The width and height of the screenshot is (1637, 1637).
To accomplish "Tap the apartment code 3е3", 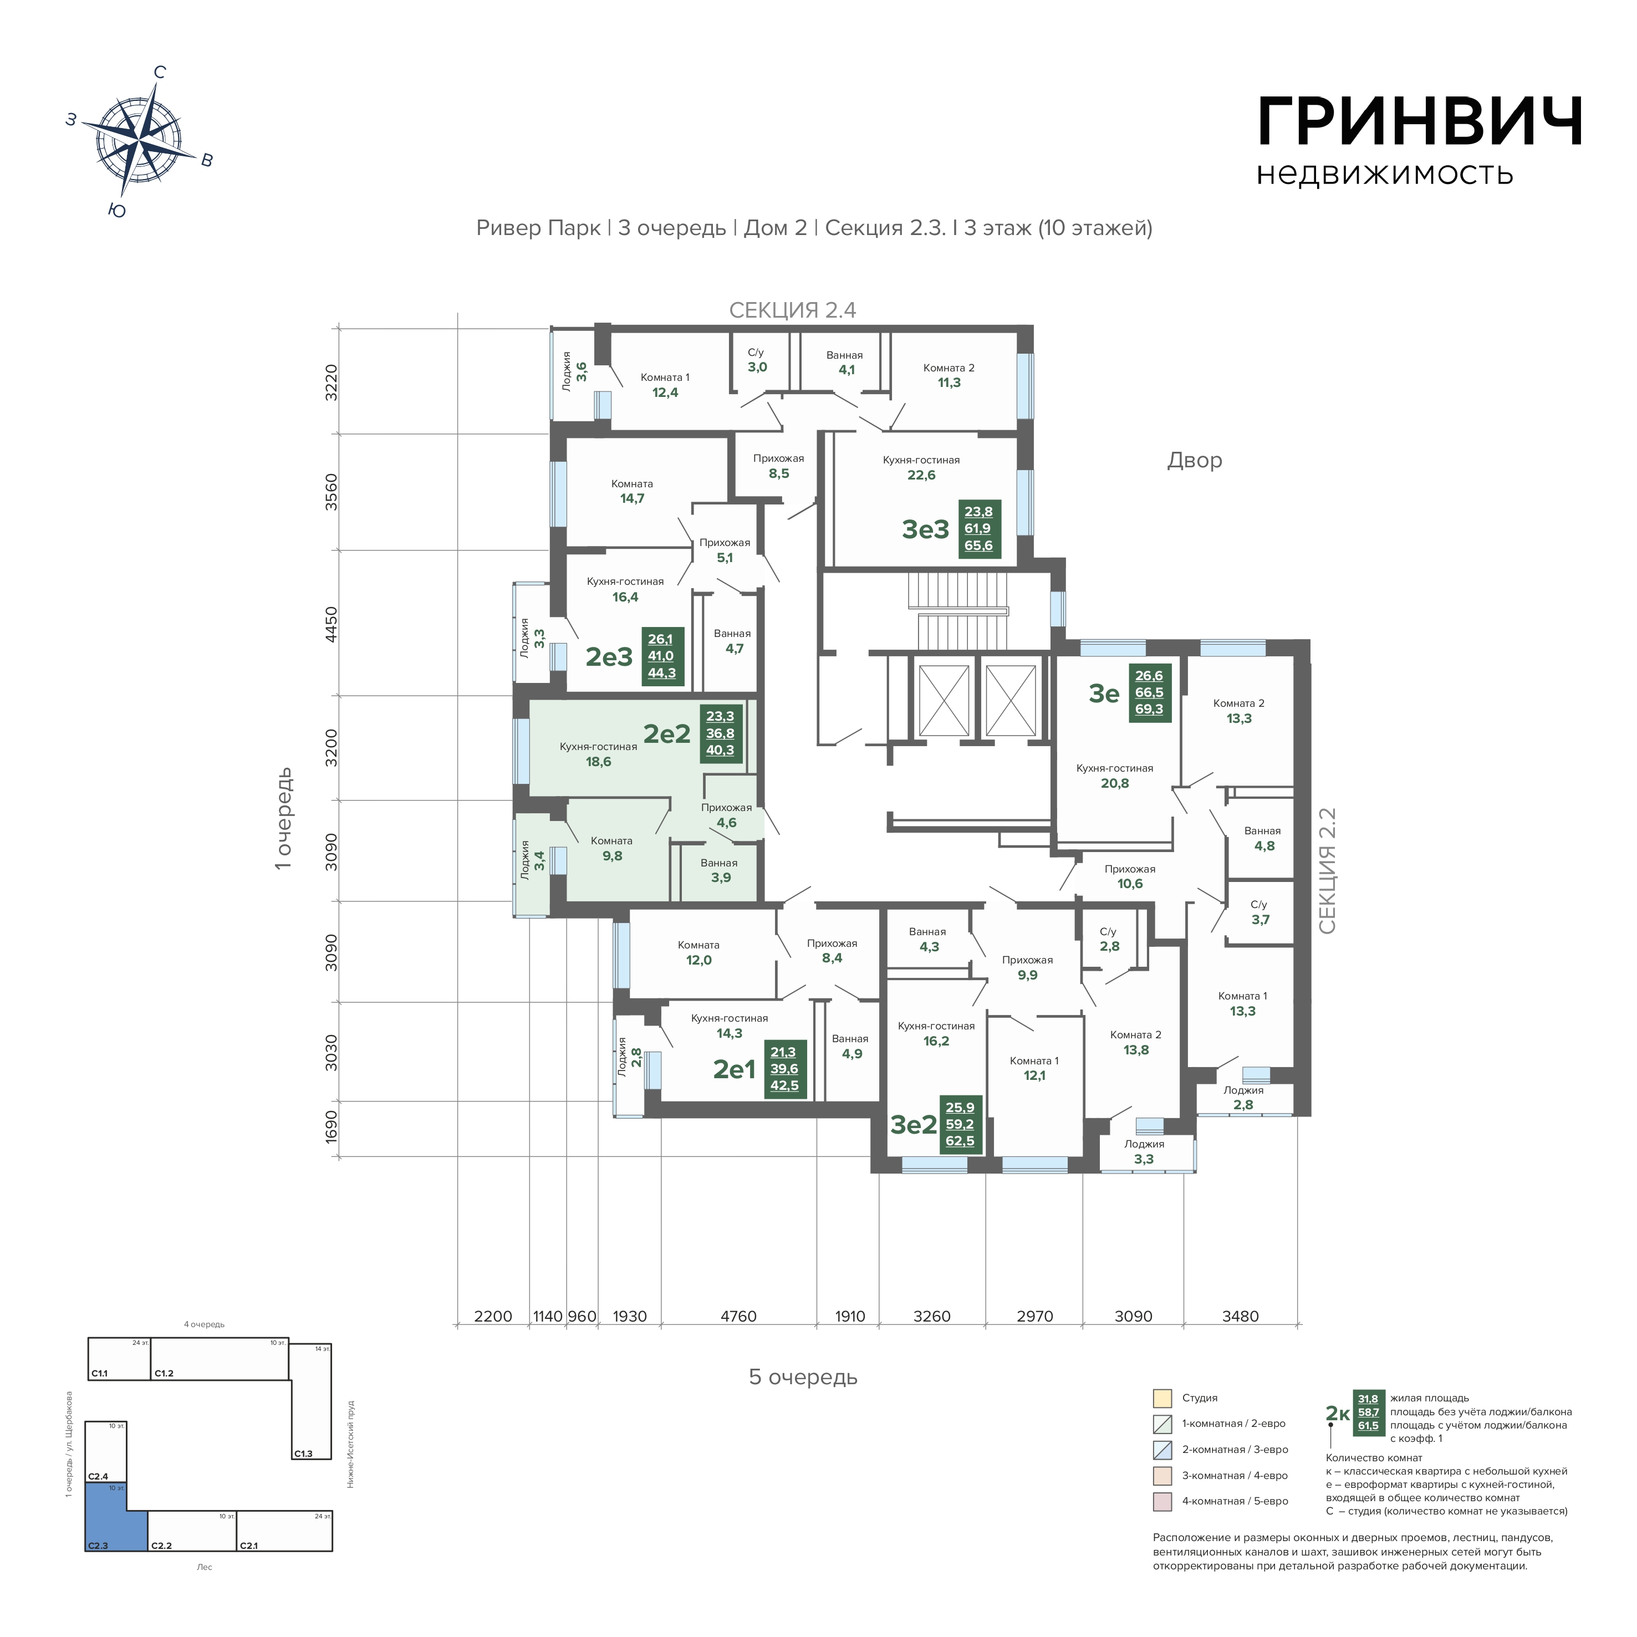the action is coord(925,529).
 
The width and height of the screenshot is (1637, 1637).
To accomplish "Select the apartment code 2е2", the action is coord(667,734).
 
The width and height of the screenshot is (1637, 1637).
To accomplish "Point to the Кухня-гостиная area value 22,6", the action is coord(921,475).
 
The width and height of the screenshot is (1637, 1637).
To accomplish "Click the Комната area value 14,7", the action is coord(632,498).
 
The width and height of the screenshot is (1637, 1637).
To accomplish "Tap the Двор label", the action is coord(1195,460).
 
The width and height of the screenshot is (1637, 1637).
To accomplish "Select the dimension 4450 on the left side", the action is coord(332,624).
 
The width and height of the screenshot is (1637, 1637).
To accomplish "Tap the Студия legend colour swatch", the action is coord(1162,1398).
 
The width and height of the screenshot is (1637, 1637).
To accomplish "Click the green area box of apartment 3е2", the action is coord(960,1124).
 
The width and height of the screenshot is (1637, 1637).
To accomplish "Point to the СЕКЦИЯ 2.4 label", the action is coord(793,310).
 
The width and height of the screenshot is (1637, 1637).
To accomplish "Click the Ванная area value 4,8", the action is coord(1264,845).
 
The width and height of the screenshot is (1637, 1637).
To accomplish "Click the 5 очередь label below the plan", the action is coord(803,1377).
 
